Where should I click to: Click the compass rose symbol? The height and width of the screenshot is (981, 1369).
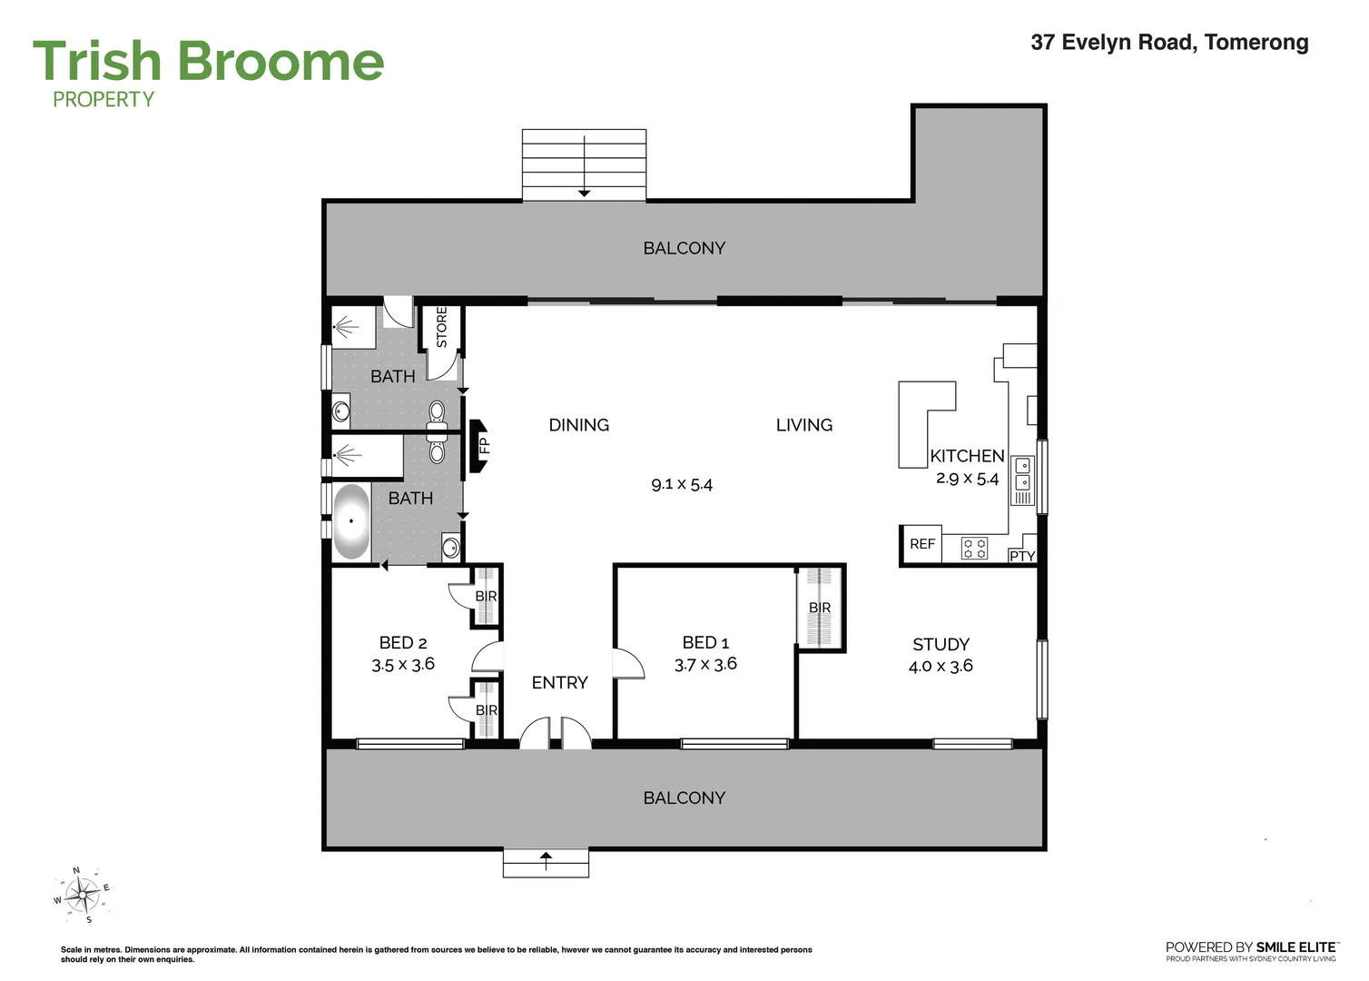[x=84, y=895]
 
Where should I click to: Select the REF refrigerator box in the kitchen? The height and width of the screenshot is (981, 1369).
[x=922, y=544]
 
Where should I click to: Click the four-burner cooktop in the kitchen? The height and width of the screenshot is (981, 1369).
[x=974, y=548]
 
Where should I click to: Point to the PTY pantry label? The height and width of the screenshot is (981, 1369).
[x=1022, y=556]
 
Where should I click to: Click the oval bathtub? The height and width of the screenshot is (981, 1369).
[x=351, y=521]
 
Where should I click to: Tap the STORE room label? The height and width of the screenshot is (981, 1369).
[x=442, y=327]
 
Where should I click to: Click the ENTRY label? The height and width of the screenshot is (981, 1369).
[x=560, y=682]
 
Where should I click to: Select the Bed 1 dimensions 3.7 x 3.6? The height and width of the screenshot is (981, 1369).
[x=706, y=664]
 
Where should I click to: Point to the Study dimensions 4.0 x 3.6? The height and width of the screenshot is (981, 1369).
[x=941, y=666]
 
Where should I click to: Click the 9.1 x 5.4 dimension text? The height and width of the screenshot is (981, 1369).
[x=682, y=485]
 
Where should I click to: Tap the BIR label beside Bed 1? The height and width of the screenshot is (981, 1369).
[x=820, y=608]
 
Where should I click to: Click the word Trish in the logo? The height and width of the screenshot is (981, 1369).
[x=97, y=61]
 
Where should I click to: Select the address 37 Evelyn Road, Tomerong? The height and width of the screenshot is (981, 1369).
[x=1170, y=42]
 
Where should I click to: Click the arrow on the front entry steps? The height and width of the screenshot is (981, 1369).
[x=546, y=860]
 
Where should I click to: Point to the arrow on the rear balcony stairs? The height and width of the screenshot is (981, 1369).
[x=585, y=165]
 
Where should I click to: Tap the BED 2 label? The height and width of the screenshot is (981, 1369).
[x=403, y=643]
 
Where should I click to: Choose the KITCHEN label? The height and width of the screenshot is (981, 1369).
[x=967, y=456]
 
